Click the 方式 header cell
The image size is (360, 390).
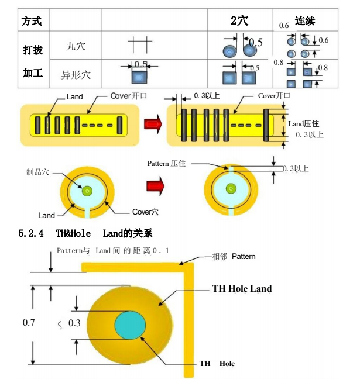pos(32,21)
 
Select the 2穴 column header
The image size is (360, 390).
pos(239,20)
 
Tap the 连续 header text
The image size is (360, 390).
pos(305,21)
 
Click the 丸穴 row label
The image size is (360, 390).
pos(76,46)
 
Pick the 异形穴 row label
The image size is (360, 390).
pos(76,74)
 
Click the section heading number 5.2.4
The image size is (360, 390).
pos(31,233)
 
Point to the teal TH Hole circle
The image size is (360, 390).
pos(130,325)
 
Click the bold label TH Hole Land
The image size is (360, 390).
pos(242,288)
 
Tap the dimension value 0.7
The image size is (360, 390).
pos(29,322)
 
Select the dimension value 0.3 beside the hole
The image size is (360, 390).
pos(74,323)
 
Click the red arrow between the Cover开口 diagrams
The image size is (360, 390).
pos(153,123)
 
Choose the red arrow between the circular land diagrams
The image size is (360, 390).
pos(155,186)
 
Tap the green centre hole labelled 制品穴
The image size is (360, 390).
pos(87,191)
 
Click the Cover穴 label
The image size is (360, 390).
pos(145,212)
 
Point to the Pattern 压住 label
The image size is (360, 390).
pos(166,163)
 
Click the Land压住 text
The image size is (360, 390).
pos(303,123)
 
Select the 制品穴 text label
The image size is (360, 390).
pos(38,172)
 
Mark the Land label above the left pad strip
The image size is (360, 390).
pos(75,96)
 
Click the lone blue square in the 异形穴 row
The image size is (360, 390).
pos(139,77)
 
